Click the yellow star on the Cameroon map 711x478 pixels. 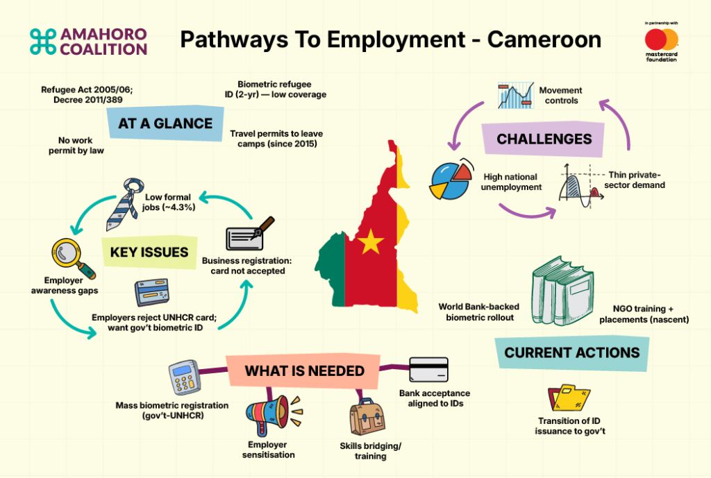[x=371, y=242]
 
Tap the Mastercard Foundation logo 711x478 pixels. [x=660, y=43]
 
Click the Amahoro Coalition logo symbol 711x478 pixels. [x=43, y=42]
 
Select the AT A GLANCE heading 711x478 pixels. [x=165, y=123]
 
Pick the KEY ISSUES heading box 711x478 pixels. [x=149, y=252]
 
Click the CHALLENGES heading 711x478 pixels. [x=544, y=139]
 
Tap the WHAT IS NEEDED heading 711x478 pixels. [x=304, y=371]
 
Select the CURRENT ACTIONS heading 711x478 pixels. [x=571, y=352]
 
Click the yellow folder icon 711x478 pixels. [x=569, y=400]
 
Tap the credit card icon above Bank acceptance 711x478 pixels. [x=429, y=370]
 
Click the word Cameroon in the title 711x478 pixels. [x=544, y=40]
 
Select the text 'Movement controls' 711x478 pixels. [x=560, y=96]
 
